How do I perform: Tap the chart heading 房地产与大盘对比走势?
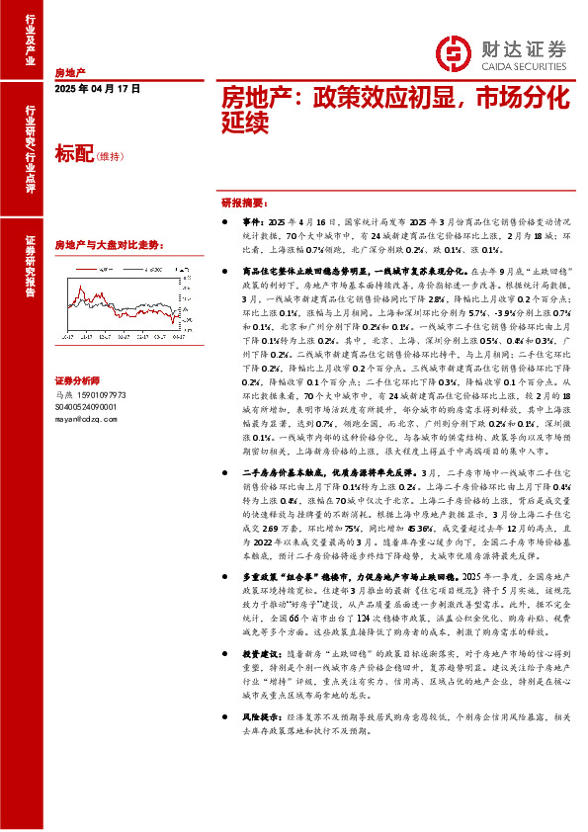(x=107, y=244)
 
